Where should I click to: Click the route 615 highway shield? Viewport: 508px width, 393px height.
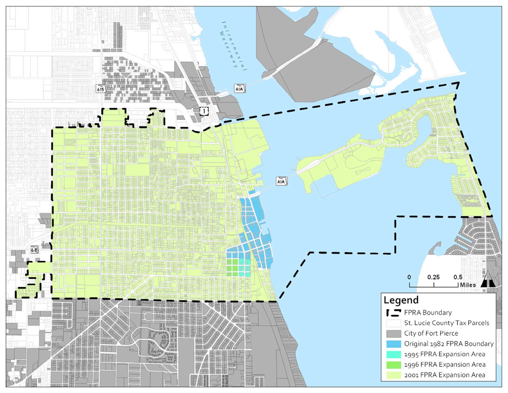(x=101, y=89)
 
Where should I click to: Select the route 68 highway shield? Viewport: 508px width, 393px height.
(x=34, y=250)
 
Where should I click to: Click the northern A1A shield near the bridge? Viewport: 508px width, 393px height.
(x=239, y=89)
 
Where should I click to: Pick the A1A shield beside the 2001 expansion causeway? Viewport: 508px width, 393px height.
(x=281, y=181)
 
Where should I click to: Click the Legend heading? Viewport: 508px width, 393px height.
(x=401, y=300)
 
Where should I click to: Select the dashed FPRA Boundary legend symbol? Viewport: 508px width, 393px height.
(x=393, y=313)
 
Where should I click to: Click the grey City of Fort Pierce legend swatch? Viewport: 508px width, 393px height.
(x=393, y=333)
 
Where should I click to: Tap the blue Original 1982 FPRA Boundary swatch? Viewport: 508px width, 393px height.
(x=393, y=344)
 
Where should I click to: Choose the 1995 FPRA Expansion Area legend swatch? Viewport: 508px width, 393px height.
(x=393, y=354)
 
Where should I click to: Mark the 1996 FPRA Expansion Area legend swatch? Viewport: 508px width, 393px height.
(x=393, y=365)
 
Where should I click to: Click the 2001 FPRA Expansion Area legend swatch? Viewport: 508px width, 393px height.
(x=393, y=375)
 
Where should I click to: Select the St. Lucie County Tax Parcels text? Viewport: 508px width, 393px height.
(x=446, y=323)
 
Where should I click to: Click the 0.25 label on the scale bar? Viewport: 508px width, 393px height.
(x=433, y=277)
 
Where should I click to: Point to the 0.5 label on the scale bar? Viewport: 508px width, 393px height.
(x=458, y=277)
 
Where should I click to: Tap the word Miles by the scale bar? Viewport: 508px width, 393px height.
(x=468, y=285)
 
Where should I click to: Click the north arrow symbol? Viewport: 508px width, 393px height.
(x=488, y=280)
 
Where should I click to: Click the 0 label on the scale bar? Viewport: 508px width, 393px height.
(x=409, y=277)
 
